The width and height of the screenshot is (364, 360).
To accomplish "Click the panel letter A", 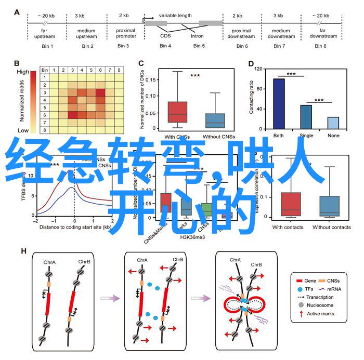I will point(17,13).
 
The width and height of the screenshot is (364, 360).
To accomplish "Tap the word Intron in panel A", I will point(197,36).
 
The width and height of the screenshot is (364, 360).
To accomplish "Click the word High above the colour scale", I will point(22,72).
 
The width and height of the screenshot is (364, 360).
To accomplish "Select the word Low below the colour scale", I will point(23,130).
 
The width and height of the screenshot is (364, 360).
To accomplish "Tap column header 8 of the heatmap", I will point(119,70).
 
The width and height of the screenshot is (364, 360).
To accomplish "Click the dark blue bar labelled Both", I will point(279,103).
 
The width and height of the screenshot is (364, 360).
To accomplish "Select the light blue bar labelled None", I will point(333,123).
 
